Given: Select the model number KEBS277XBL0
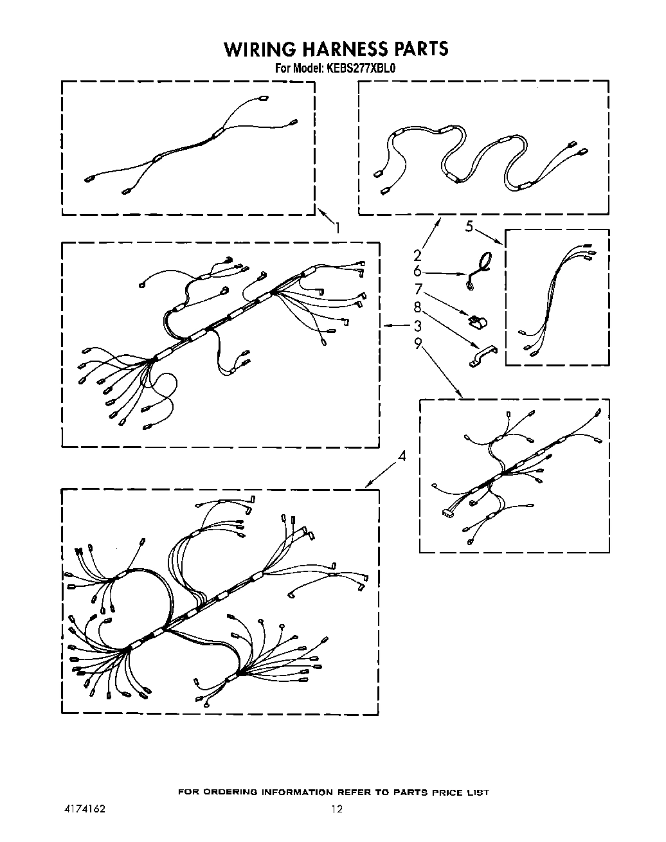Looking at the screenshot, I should click(363, 67).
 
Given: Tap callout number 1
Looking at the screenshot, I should click(337, 227).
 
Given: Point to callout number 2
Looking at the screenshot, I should click(417, 255).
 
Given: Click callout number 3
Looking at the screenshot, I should click(417, 326).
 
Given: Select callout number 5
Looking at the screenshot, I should click(469, 226).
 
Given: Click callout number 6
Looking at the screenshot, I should click(417, 271).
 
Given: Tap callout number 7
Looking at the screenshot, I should click(417, 289).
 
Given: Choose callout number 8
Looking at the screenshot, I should click(417, 307).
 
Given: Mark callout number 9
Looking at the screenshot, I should click(418, 344).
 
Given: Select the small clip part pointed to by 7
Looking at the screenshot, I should click(476, 320).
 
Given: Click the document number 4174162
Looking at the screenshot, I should click(83, 809).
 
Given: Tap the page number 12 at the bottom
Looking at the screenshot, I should click(337, 809).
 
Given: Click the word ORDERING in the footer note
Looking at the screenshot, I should click(234, 793).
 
